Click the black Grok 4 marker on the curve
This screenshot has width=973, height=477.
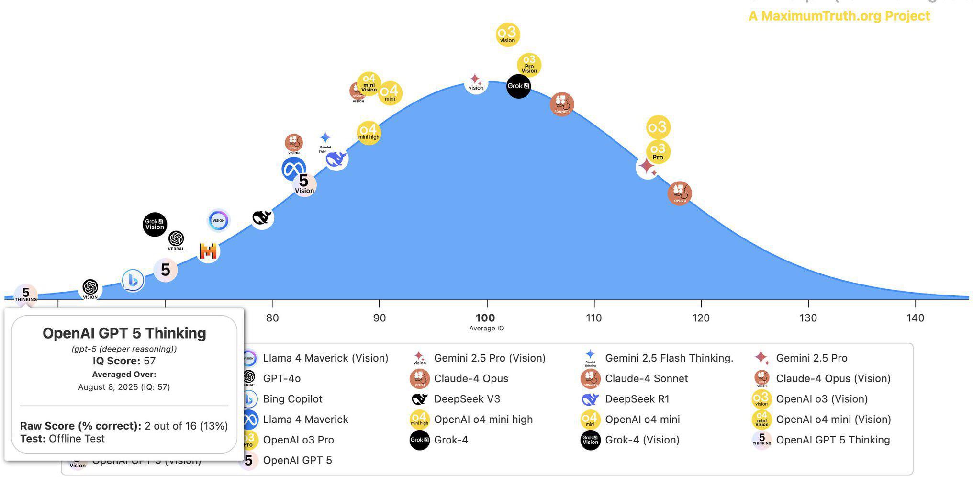518,86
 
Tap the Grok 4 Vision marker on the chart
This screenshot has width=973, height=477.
155,224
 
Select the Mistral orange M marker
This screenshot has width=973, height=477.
208,251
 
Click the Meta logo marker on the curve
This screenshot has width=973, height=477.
293,169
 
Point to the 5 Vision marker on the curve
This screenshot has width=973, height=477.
304,184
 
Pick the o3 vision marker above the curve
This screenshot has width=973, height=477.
507,34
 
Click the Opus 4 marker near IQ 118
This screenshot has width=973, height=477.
680,193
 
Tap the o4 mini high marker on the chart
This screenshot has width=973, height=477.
369,133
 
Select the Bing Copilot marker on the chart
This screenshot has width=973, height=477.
133,281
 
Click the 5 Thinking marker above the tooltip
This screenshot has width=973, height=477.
26,294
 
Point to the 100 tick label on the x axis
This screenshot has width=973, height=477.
485,318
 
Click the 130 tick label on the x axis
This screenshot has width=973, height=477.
808,318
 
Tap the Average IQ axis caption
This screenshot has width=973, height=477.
486,329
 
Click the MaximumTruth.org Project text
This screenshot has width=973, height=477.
839,16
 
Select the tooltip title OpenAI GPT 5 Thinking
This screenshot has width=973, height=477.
124,333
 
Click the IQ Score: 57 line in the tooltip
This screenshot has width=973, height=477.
124,361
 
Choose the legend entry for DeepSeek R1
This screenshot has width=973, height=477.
637,399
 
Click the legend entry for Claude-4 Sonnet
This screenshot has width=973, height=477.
646,378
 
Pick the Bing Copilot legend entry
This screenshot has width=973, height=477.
292,399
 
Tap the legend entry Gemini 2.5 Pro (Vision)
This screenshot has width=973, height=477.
489,358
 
